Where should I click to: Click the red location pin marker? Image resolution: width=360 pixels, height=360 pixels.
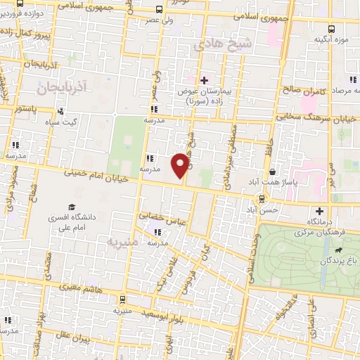(181, 166)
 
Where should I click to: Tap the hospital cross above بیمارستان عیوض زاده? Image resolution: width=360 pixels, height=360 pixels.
(205, 81)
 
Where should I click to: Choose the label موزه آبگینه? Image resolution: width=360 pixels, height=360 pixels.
(331, 39)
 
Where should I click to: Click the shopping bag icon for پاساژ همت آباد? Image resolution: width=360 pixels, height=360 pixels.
(272, 172)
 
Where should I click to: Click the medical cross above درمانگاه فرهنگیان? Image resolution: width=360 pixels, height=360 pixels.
(320, 211)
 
